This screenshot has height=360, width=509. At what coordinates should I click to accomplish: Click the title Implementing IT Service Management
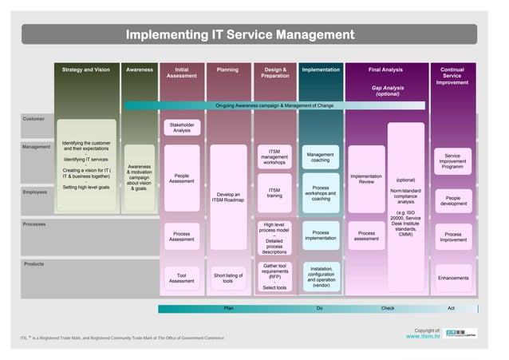tap(240, 34)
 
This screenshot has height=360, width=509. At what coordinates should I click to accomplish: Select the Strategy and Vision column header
tap(86, 70)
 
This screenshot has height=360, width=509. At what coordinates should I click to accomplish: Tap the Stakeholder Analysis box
tap(182, 128)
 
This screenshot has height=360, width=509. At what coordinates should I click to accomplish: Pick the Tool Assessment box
tap(182, 277)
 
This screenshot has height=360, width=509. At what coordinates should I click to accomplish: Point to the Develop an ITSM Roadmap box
tap(228, 196)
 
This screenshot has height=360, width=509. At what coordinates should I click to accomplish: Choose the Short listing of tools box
tap(228, 277)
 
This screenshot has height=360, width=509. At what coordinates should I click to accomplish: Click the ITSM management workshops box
tap(274, 157)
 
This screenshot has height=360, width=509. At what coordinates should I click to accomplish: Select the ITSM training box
tap(274, 193)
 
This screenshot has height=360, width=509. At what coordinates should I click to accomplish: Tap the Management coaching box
tap(321, 157)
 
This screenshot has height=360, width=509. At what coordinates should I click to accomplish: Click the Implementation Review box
tap(366, 179)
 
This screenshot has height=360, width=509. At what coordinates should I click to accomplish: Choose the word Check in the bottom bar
tap(388, 308)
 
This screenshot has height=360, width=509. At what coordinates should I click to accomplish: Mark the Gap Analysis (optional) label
tap(388, 91)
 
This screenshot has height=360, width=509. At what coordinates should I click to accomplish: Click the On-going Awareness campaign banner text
tap(274, 105)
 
